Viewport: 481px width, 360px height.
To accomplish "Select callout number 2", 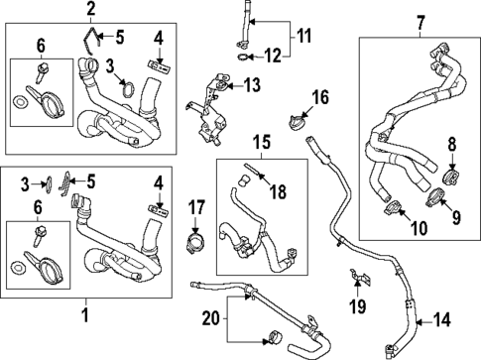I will pos(90,11).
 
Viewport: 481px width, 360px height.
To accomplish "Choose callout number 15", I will pos(261,143).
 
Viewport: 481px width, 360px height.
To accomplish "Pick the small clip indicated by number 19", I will pos(351,274).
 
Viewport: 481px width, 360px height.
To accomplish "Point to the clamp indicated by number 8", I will pos(451,180).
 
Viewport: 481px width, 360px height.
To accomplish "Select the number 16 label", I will pos(320,97).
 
